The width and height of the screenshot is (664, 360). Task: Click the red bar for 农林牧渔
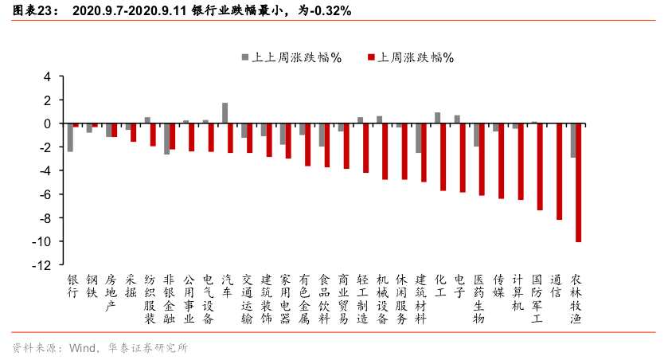point(579,182)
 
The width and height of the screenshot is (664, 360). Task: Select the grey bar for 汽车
point(225,113)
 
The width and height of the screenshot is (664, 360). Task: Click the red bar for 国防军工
point(540,166)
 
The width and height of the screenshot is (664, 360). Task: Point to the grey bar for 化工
point(438,118)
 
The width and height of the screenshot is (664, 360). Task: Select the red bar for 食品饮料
point(327,145)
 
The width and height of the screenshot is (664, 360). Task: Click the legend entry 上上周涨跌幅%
point(291,57)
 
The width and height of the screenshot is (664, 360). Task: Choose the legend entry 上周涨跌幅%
point(410,57)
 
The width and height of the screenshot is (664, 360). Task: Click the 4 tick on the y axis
point(47,76)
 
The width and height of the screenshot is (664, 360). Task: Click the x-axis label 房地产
point(111,292)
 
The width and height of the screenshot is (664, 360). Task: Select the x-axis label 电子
point(459,286)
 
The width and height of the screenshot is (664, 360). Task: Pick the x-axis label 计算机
point(518,292)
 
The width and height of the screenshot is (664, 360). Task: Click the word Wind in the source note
point(83,348)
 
